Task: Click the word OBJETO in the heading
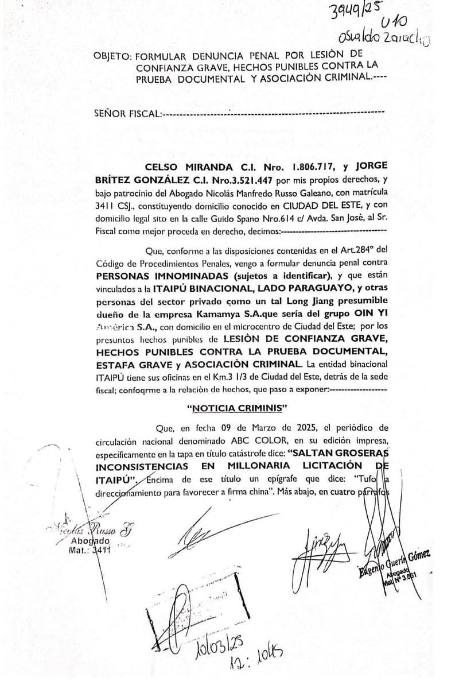click(111, 56)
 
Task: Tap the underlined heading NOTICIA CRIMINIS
click(238, 408)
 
